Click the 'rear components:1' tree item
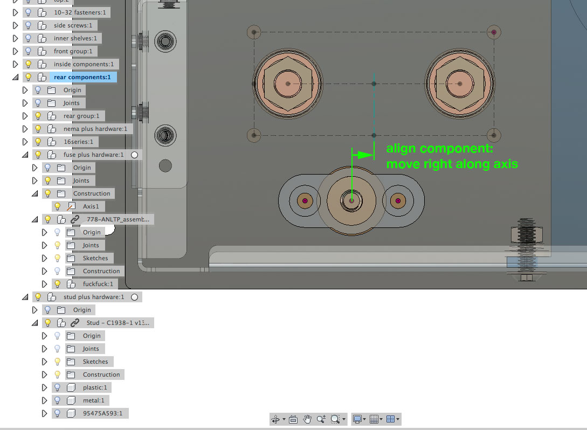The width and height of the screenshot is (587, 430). point(82,77)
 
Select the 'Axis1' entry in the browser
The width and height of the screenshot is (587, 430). point(91,206)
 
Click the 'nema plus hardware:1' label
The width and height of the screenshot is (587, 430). point(95,129)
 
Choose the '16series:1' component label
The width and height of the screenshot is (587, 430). point(78,142)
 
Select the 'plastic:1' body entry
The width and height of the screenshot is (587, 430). point(95,387)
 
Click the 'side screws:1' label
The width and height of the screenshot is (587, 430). point(73,25)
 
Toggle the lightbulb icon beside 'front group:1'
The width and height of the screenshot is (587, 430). point(28,51)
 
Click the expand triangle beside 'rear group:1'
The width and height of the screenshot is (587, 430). point(25,116)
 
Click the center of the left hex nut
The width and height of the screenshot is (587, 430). point(288,84)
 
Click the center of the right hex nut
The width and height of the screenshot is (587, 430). point(459,84)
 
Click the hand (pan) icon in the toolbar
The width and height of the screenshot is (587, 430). point(307,419)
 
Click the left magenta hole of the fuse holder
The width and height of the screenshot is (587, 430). point(305,201)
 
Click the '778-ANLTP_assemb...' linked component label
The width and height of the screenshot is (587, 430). point(118,219)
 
